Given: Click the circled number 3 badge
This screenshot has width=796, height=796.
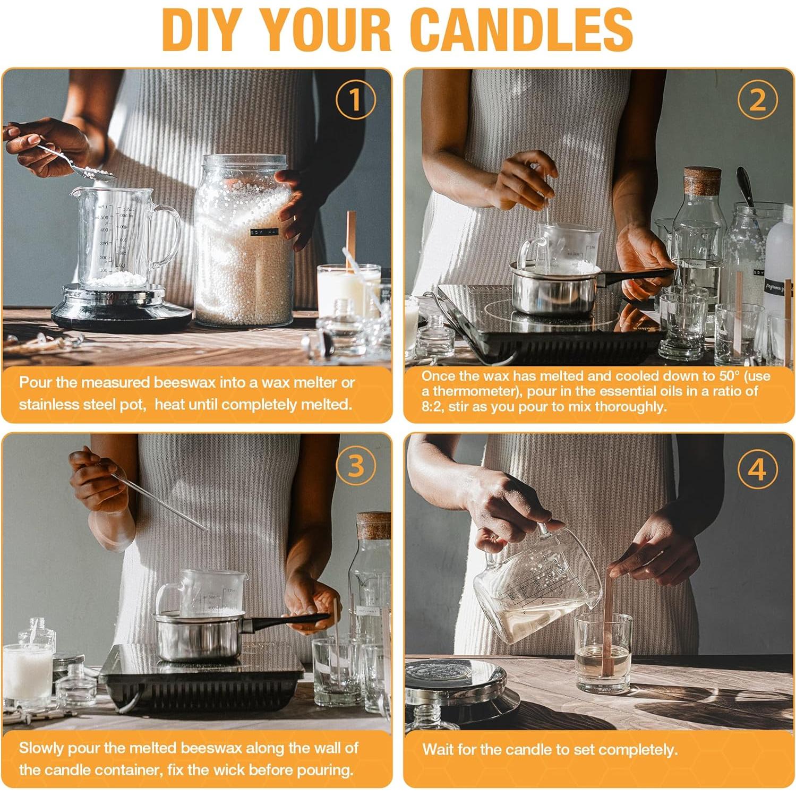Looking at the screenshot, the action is click(x=355, y=466).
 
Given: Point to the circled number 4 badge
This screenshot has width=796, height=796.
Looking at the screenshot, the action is click(x=758, y=469).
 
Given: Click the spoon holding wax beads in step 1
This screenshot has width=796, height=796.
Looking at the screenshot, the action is click(x=74, y=162).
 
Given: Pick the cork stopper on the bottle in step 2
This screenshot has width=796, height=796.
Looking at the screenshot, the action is click(x=702, y=181).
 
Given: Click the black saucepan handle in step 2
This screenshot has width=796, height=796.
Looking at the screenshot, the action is click(x=637, y=275).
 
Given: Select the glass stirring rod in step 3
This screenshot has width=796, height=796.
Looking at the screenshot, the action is click(x=159, y=502).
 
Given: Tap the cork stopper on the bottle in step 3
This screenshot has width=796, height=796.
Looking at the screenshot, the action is click(x=374, y=526).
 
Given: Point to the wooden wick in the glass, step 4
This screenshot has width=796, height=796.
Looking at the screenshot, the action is click(x=607, y=621).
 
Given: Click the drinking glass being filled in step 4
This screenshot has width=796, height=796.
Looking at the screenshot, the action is click(x=603, y=653).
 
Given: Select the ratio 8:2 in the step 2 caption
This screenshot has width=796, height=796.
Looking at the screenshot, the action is click(x=433, y=407).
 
